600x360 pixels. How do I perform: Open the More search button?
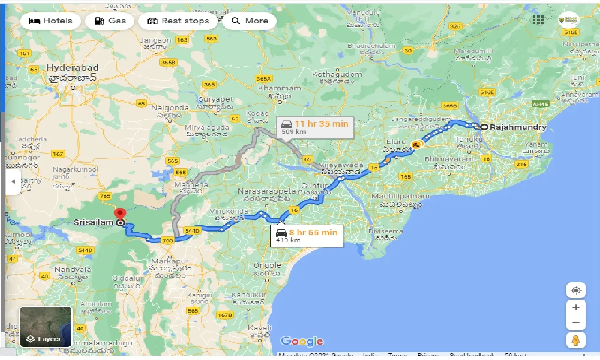249,21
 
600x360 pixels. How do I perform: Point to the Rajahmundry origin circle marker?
484,127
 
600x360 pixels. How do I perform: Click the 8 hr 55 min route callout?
307,235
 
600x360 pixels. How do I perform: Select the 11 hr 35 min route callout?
315,127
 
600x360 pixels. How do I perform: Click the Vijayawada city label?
342,165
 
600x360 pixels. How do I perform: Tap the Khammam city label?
279,88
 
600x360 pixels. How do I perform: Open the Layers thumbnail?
45,327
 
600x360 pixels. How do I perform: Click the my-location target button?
576,290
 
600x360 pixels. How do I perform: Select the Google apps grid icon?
538,20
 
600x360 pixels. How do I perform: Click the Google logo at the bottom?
302,341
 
